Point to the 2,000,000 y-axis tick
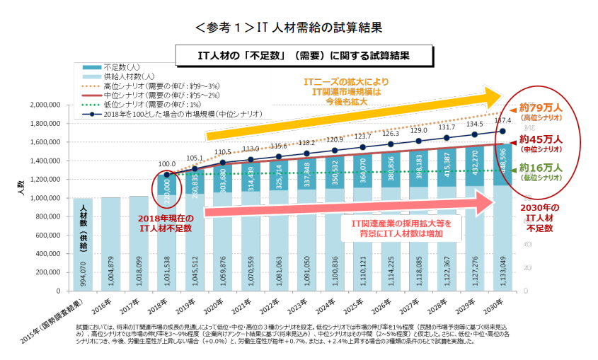click(x=47, y=105)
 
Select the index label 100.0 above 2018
click(x=167, y=163)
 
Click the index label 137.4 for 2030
click(x=502, y=120)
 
